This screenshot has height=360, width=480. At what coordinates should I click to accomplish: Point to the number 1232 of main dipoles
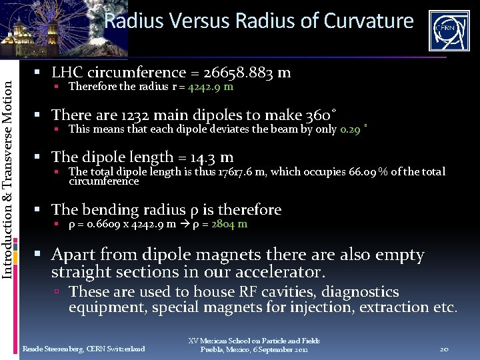click(136, 115)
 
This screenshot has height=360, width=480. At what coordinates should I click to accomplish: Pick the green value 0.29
click(351, 129)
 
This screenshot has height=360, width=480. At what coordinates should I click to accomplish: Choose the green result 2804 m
click(229, 224)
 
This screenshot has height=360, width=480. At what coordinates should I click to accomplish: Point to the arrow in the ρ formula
click(184, 224)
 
